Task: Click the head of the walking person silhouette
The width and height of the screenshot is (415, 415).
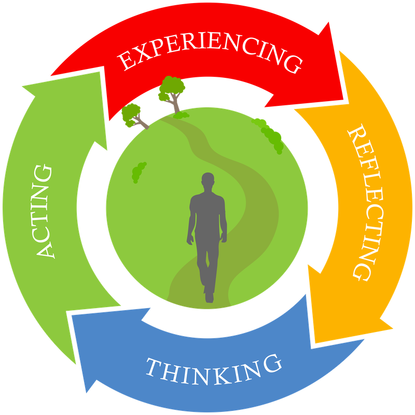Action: coord(208,182)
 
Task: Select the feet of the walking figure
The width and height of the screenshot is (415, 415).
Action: coord(209,297)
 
